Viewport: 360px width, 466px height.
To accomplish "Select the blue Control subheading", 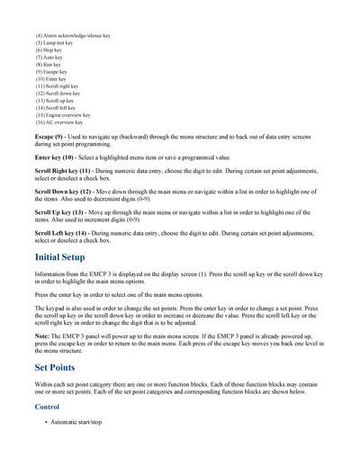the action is tap(48, 407).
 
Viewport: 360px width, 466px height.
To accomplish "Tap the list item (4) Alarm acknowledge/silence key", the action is tap(73, 35).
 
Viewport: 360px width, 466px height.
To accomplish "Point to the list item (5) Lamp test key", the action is tap(57, 42).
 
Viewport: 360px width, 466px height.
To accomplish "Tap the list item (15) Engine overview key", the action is tap(63, 114).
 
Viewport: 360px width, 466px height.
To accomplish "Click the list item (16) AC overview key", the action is tap(59, 121).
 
